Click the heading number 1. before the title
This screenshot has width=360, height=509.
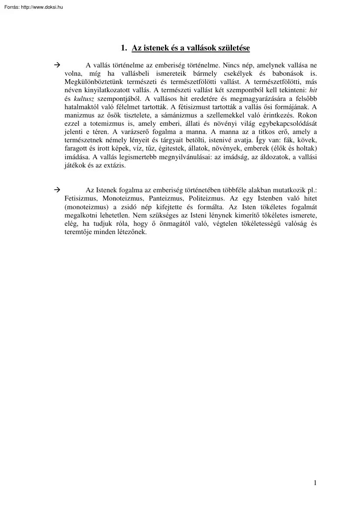point(124,49)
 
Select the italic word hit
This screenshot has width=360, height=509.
point(313,90)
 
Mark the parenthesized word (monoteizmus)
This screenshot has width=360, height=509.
point(86,207)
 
